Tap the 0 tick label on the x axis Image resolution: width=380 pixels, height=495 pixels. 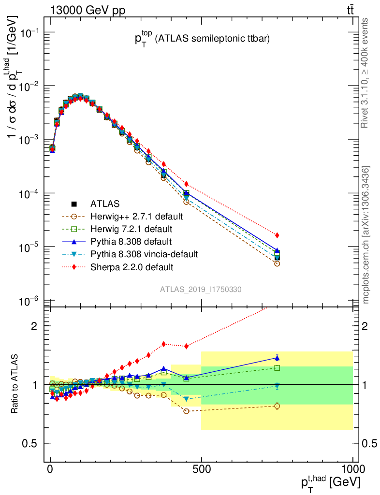pos(50,469)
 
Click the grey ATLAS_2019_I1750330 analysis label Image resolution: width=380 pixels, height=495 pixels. pos(201,289)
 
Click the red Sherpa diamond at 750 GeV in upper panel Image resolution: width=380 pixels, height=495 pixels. pos(277,235)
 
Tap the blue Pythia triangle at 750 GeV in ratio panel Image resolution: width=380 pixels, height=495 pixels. pos(277,358)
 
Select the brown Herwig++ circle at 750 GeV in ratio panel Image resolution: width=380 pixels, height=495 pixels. pos(277,406)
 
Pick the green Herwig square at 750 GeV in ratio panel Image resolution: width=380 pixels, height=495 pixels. pos(277,368)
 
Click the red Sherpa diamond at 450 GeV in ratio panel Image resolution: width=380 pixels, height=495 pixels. pos(186,346)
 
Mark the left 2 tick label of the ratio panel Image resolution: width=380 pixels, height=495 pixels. pos(34,326)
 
